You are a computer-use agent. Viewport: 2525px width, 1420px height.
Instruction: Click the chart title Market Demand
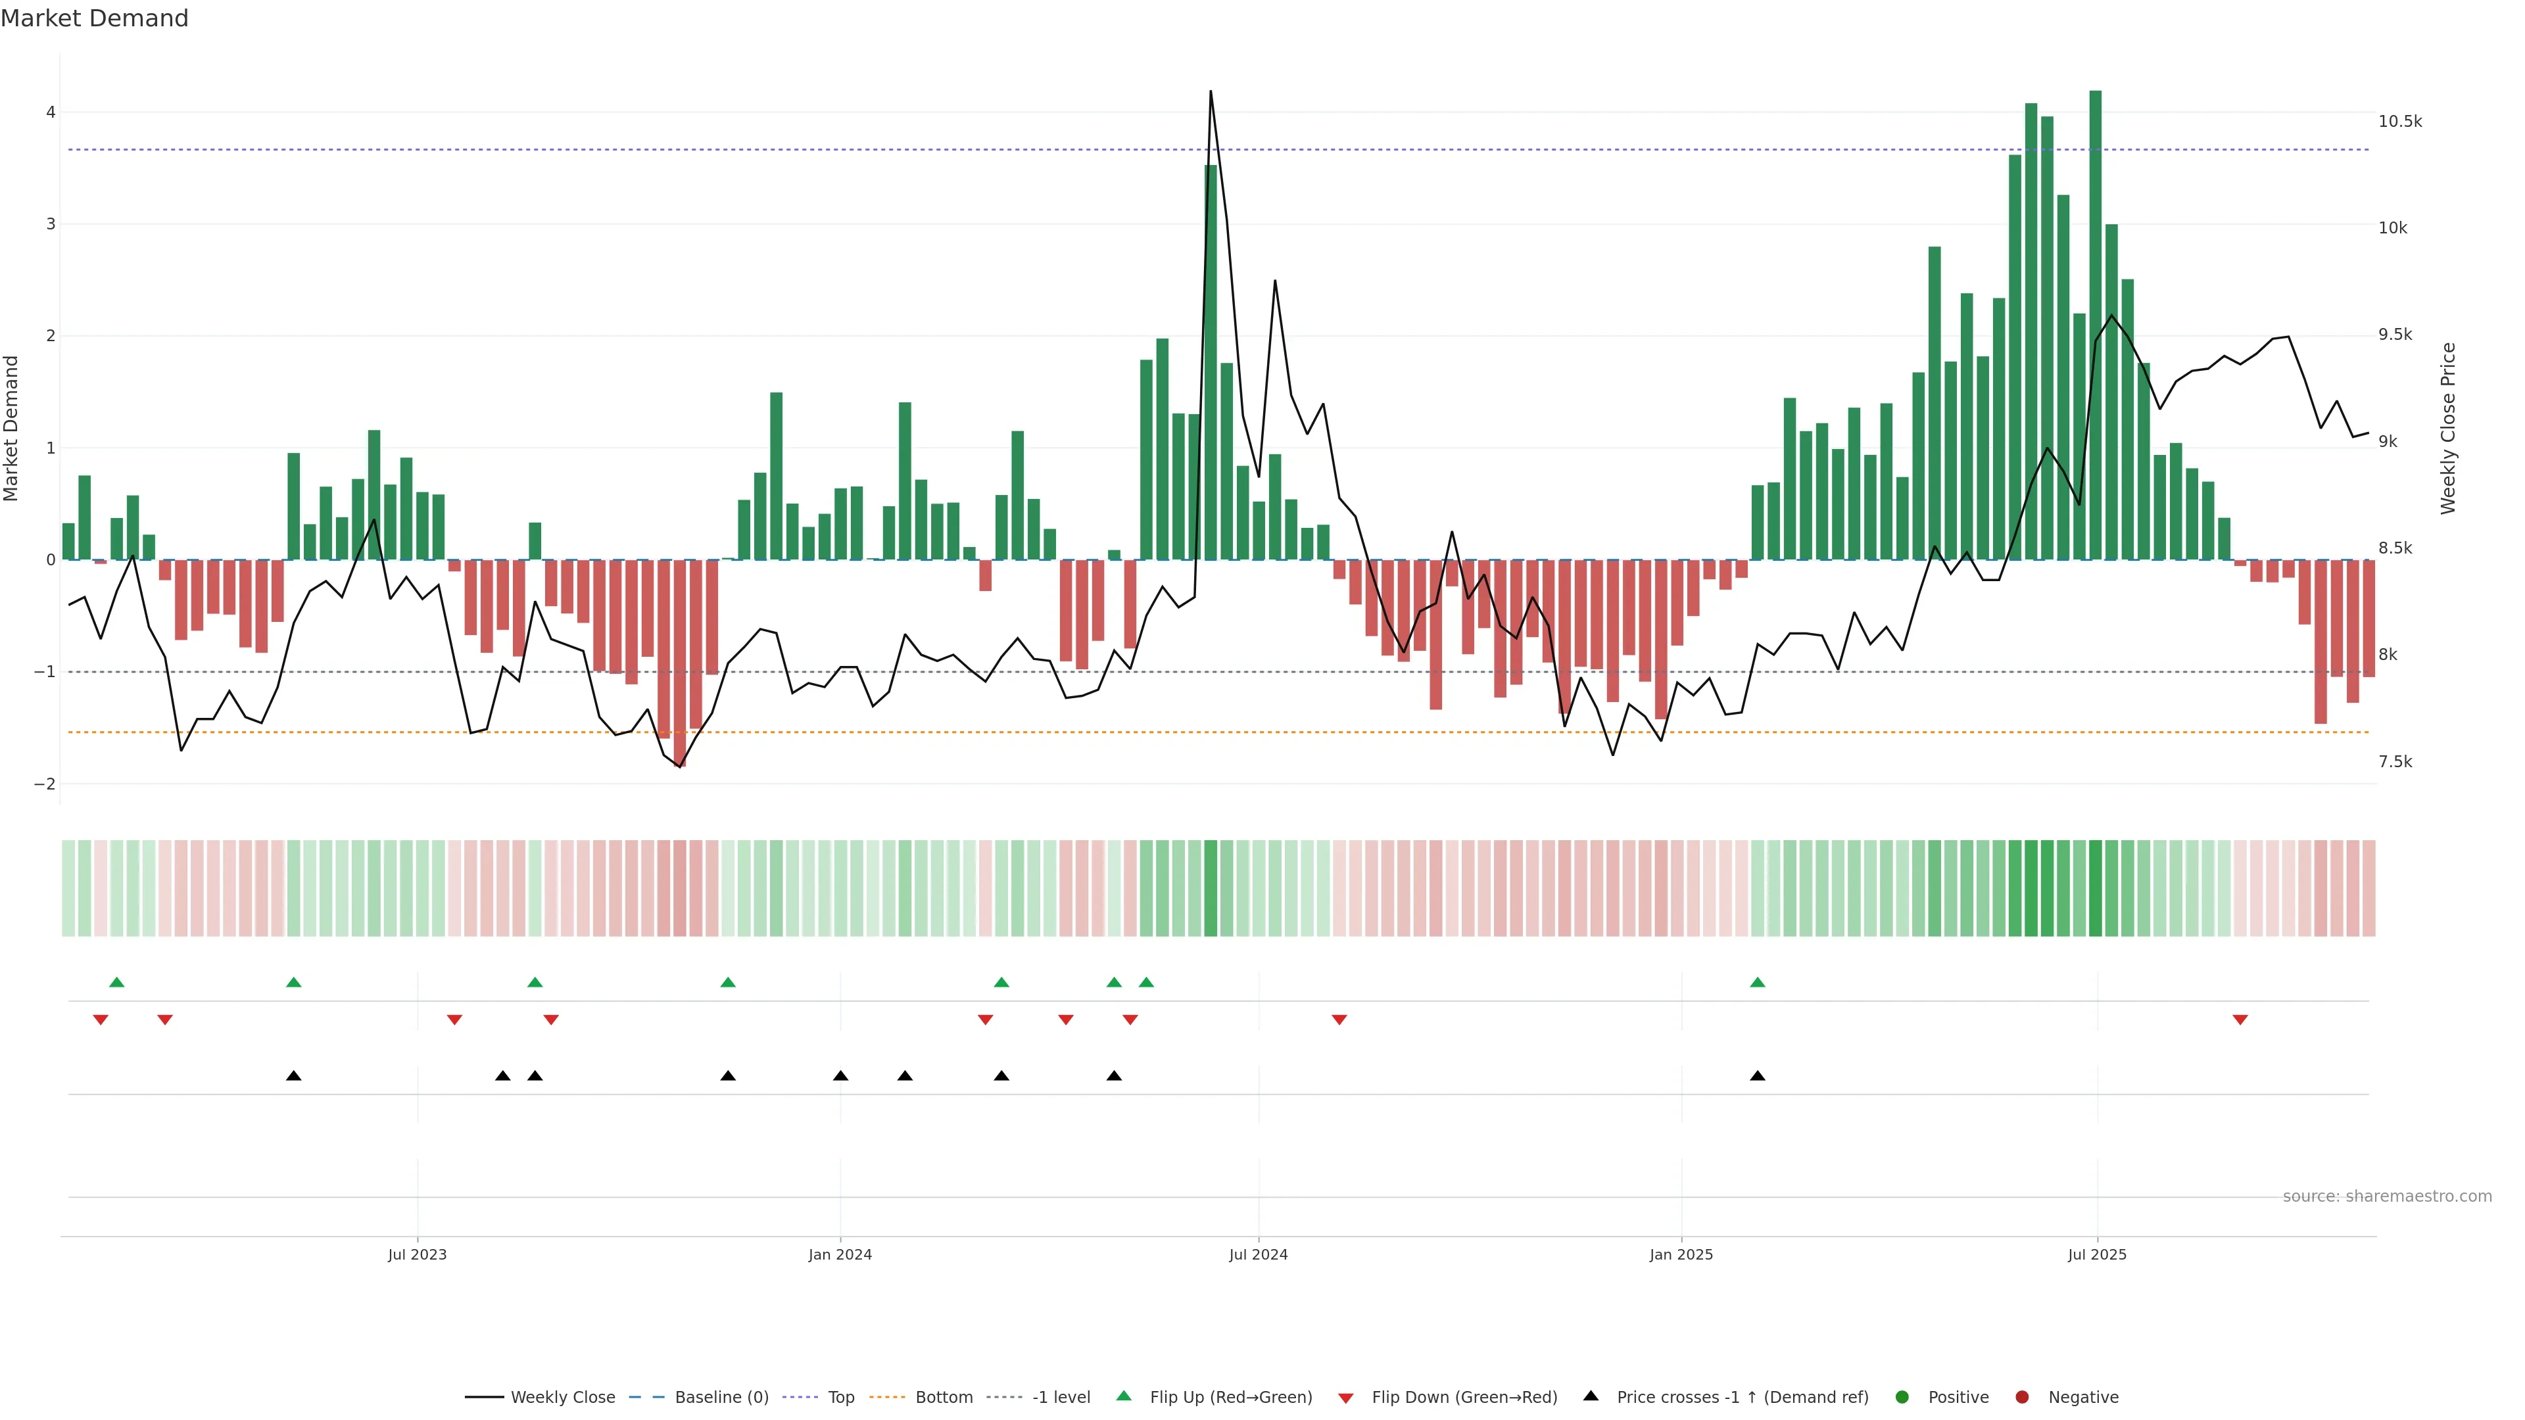[x=94, y=18]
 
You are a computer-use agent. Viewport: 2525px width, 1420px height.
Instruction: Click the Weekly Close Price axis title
[x=2449, y=428]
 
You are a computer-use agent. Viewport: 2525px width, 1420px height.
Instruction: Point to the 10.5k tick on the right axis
[x=2399, y=122]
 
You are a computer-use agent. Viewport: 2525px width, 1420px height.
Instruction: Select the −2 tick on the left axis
[x=45, y=784]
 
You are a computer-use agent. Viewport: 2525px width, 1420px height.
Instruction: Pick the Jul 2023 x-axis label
[x=417, y=1254]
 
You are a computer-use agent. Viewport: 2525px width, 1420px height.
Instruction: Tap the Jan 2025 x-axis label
[x=1681, y=1254]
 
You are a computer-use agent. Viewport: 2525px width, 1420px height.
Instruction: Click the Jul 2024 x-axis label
[x=1259, y=1254]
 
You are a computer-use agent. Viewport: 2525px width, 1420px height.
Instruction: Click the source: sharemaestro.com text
[x=2387, y=1196]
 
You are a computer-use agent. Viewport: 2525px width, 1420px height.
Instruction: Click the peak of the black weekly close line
[x=1211, y=91]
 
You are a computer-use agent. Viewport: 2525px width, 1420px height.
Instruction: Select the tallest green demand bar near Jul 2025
[x=2096, y=323]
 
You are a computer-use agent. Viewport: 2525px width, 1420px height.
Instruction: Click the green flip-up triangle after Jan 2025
[x=1758, y=982]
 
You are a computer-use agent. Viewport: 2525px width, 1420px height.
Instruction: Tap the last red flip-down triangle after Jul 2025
[x=2240, y=1020]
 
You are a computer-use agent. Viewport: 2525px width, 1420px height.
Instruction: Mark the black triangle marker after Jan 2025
[x=1758, y=1076]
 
